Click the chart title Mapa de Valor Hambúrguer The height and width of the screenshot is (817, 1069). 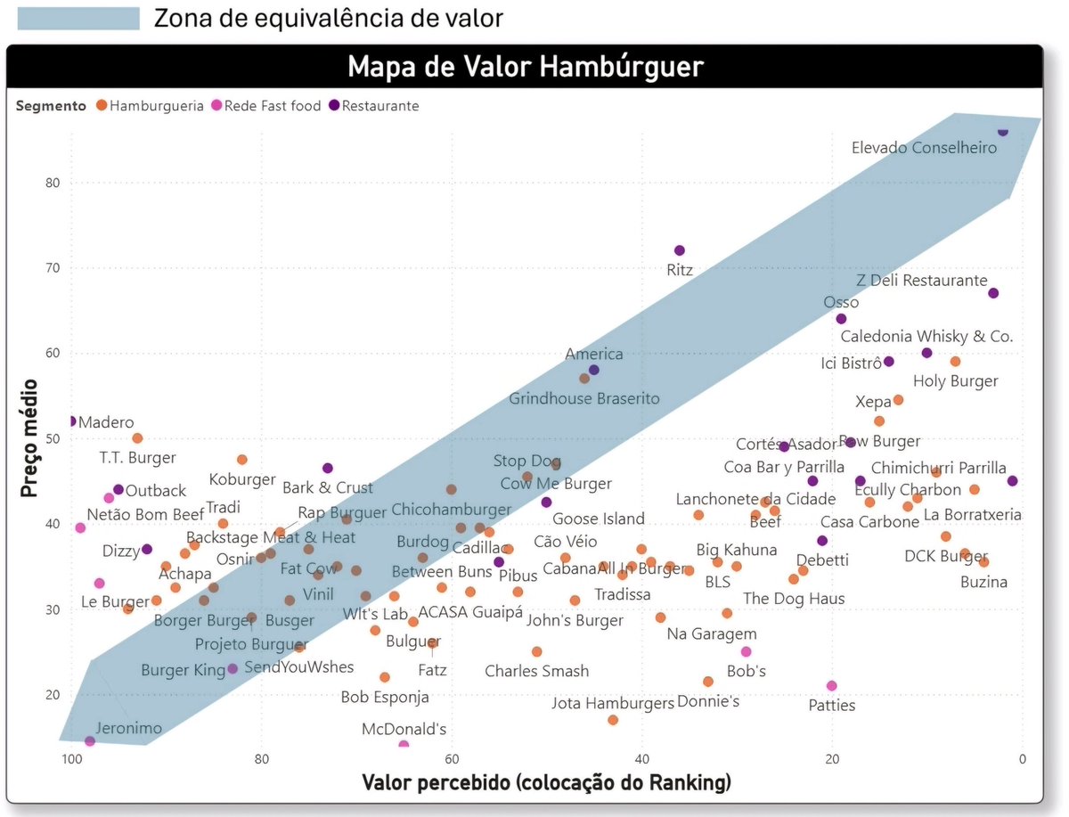(x=525, y=67)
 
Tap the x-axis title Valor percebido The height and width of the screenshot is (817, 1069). (x=546, y=783)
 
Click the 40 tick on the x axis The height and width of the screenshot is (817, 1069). (x=641, y=760)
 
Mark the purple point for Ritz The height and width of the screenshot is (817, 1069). (x=680, y=250)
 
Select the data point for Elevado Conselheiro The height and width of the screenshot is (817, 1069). (x=1002, y=131)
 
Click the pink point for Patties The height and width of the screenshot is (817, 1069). (x=832, y=686)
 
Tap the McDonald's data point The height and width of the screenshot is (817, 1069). (x=404, y=745)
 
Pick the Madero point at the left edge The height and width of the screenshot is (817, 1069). (x=71, y=421)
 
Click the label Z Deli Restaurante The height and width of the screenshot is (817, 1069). (x=921, y=281)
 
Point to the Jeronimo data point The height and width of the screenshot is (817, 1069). (x=90, y=741)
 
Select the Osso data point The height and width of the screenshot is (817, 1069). (x=841, y=319)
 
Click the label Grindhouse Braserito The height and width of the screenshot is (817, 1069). (x=584, y=398)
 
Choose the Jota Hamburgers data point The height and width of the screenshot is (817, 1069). (x=613, y=720)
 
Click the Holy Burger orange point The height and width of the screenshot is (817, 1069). (x=955, y=362)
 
